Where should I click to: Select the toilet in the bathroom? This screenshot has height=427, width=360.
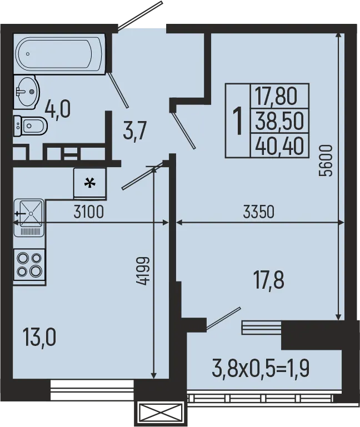coord(31,127)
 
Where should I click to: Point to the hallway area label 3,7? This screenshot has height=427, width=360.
coord(136,133)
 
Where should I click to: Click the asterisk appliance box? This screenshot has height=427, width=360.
coord(89,183)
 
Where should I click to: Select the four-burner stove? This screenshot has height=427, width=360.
coord(29,264)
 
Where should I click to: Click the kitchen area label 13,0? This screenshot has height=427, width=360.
coord(39,336)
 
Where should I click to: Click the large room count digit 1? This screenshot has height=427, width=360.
coord(238,120)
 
